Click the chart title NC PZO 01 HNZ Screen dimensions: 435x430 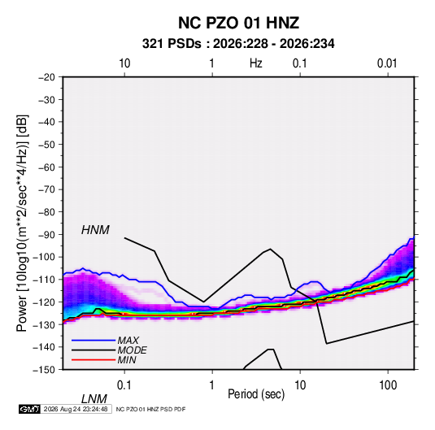238,23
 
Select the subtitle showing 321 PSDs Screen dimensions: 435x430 238,44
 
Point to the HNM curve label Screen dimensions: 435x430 95,230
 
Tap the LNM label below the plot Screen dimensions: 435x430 94,399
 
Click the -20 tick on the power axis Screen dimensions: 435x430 46,77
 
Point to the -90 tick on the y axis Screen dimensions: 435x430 46,235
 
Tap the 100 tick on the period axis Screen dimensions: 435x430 388,385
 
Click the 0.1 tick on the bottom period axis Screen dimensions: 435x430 124,385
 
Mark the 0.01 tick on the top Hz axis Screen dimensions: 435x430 387,63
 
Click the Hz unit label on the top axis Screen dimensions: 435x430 256,63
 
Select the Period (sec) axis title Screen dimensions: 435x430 256,394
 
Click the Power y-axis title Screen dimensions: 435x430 22,223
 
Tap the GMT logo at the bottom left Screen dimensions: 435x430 29,409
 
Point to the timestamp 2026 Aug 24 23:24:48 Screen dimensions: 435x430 76,409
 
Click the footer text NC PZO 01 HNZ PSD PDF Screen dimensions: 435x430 150,409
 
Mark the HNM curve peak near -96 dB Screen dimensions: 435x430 270,249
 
